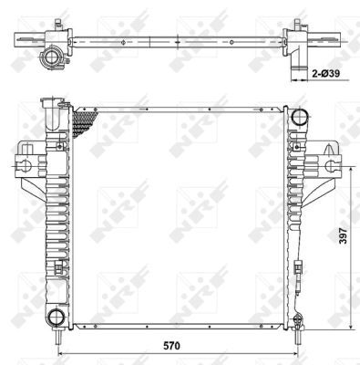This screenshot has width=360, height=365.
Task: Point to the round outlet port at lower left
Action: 57,317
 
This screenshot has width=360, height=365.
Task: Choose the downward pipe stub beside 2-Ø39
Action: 293,67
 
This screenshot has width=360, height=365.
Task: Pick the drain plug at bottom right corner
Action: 297,321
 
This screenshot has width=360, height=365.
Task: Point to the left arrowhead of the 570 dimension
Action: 59,351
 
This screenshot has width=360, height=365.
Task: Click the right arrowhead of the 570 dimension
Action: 295,351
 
